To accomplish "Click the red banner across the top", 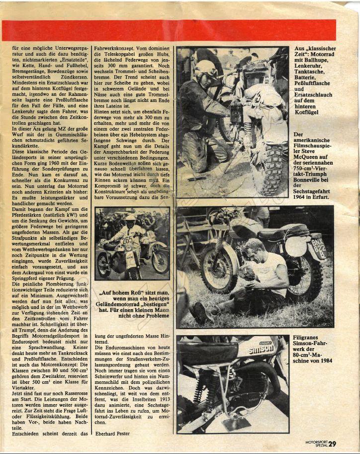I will tap(169, 30).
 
